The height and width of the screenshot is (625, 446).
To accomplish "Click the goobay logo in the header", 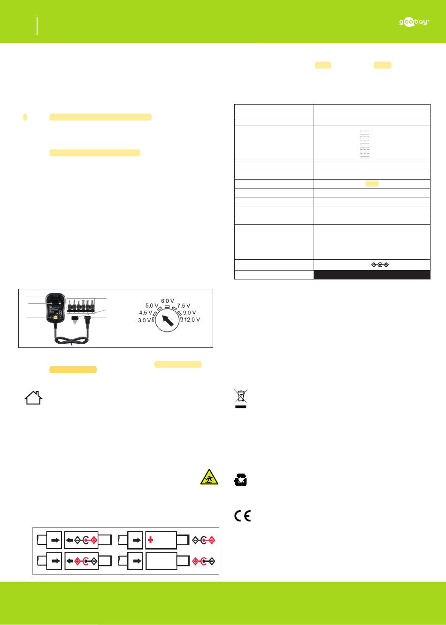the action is pos(414,22).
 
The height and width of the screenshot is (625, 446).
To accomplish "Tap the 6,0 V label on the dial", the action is pos(168,301).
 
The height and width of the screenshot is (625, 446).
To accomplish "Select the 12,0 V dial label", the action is pos(192,320).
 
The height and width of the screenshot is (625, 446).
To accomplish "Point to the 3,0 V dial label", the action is pos(145,320).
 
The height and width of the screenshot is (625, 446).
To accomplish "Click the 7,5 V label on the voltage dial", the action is pos(184,306).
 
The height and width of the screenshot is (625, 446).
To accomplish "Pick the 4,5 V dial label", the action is pos(146,313).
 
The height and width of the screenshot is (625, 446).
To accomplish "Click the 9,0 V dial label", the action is pos(190,313).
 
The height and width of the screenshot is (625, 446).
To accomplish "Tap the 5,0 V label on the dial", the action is pos(152,306).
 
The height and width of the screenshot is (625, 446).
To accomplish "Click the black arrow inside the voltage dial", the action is pos(168,320).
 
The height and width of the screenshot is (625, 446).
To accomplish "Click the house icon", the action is pos(33,398).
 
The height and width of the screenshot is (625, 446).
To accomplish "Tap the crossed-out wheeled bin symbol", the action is pos(241,399).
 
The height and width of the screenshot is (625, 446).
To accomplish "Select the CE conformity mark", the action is pos(242,516).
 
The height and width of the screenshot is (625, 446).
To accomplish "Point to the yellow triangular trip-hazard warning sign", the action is pos(209,477).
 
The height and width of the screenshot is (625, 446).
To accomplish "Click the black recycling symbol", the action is pos(240,480).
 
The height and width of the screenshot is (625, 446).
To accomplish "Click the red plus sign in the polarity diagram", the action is pos(150,540).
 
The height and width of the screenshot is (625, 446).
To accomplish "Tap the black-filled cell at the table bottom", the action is pos(372,275).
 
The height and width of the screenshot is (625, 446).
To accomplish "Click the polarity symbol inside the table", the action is pos(380,264).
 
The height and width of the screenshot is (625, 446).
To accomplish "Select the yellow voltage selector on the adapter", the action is pos(55,317).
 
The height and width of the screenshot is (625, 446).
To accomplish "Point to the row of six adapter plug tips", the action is pos(80,306).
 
